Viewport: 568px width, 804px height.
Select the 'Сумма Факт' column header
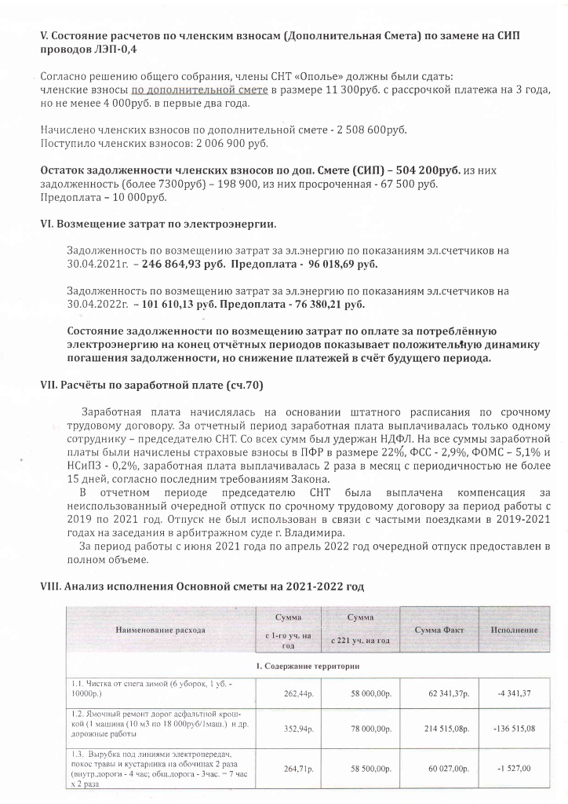point(442,630)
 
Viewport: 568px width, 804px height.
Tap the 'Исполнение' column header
point(514,630)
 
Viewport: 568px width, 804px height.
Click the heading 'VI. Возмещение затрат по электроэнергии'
point(158,224)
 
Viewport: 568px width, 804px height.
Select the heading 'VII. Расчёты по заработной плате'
point(151,385)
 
